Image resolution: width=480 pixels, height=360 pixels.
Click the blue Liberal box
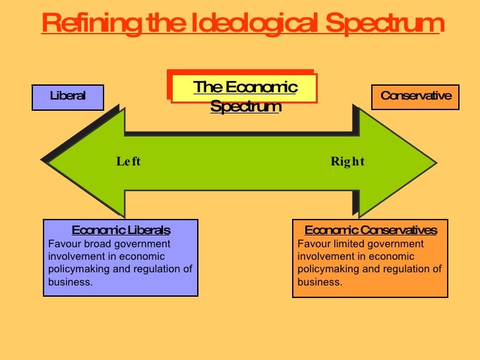(x=68, y=96)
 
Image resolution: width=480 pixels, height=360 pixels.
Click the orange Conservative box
(x=416, y=96)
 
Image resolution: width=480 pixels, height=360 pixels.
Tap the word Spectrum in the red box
(x=245, y=105)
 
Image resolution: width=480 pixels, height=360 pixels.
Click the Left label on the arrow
(x=129, y=162)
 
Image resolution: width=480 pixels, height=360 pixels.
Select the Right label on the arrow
(x=347, y=162)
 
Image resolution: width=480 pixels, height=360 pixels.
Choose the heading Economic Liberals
(x=121, y=230)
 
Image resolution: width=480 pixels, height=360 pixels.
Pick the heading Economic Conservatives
(x=371, y=230)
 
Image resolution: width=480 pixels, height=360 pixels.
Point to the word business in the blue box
(x=69, y=282)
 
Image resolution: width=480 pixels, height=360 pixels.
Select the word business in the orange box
(x=318, y=282)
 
